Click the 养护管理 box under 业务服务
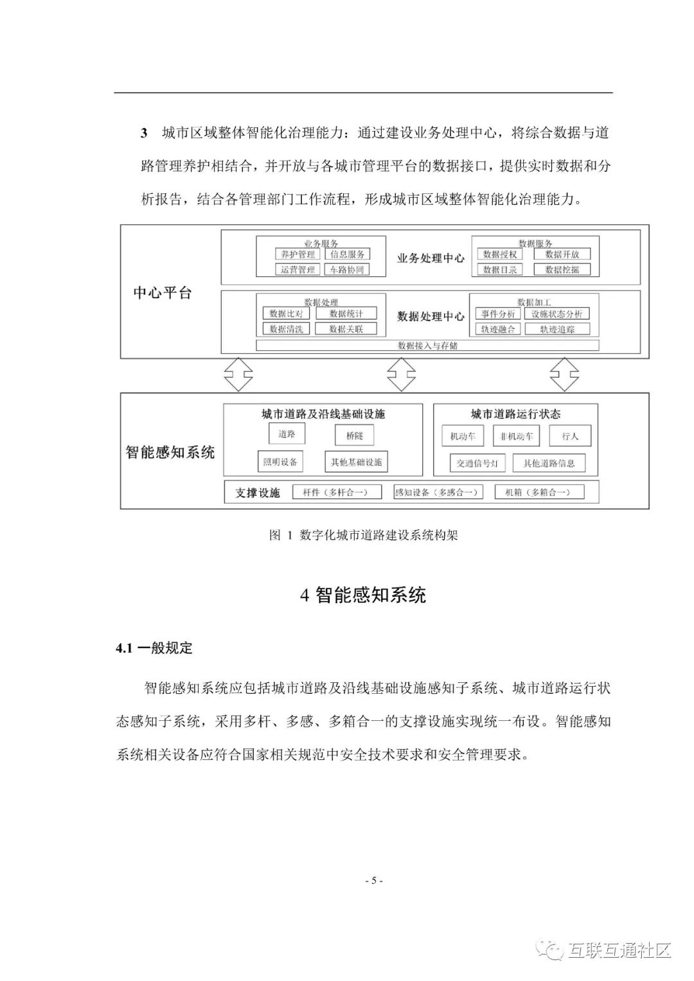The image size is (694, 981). [298, 254]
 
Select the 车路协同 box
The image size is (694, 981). [347, 270]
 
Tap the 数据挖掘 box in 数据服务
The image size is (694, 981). [562, 270]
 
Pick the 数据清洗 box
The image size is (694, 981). [286, 329]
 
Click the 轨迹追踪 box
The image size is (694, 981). [557, 329]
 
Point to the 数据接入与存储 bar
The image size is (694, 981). [427, 346]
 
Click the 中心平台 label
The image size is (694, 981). [163, 293]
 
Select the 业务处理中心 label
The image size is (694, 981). [431, 258]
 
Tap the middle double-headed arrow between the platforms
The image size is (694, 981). [401, 375]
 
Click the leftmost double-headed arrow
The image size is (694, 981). [237, 375]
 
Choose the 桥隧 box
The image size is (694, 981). [355, 436]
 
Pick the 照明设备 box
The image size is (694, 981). [280, 462]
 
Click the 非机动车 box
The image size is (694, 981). [517, 436]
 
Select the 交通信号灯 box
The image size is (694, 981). [477, 463]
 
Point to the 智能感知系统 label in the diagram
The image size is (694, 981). [170, 452]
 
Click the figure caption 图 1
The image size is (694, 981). [363, 535]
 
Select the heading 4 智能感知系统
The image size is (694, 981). [363, 595]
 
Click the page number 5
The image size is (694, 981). [373, 881]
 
